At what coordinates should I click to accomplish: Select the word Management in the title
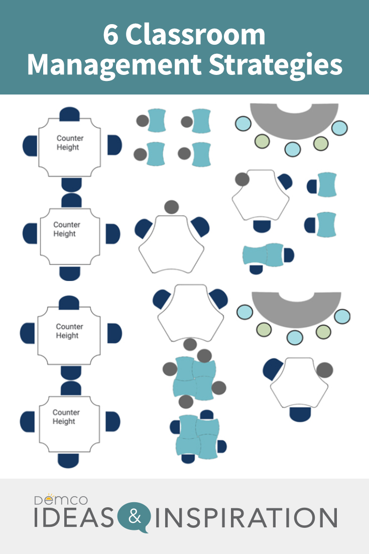[107, 66]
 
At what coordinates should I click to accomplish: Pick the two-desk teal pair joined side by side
[263, 254]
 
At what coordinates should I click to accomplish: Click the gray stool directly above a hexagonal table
[171, 207]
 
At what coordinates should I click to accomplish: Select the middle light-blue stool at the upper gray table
[292, 149]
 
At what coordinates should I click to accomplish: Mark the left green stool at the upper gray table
[262, 141]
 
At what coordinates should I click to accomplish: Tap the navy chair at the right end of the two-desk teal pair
[289, 255]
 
